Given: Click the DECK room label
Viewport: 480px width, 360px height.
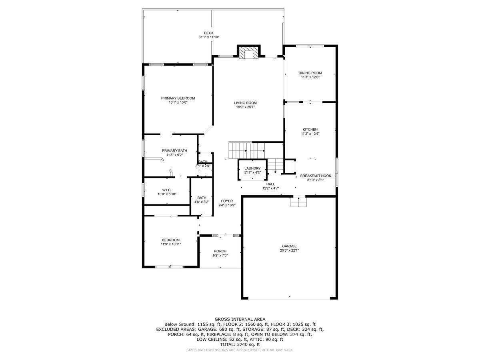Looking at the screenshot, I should [208, 33].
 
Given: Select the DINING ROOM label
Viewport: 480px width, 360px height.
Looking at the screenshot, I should [310, 73].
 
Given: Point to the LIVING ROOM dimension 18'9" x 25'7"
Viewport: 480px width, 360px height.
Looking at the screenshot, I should [245, 107].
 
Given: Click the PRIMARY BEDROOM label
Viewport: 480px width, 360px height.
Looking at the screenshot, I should [178, 98].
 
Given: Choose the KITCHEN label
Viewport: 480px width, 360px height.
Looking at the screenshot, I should [310, 129].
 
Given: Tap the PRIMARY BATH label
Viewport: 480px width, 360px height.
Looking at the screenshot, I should [174, 150].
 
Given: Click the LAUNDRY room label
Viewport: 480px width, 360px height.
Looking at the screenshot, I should [252, 168].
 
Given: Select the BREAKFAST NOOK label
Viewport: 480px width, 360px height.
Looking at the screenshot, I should [316, 176].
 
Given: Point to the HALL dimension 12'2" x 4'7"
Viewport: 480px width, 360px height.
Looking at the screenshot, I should [270, 188].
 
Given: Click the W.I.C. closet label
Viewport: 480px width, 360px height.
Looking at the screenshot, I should [167, 190].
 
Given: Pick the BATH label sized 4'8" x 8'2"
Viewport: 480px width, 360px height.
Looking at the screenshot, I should [202, 202].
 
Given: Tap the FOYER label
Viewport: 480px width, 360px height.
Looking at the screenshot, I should [227, 201].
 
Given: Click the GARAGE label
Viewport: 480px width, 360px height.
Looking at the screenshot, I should [289, 246].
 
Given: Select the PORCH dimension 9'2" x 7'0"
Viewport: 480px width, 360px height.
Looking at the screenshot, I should [220, 256].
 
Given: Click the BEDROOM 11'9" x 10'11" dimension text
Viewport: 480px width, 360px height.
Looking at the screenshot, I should [171, 244].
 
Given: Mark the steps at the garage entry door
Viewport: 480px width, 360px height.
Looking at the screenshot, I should [298, 203].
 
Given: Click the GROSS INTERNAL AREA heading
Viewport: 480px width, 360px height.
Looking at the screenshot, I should [240, 319].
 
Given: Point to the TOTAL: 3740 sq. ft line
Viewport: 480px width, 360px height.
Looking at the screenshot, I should [240, 344].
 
